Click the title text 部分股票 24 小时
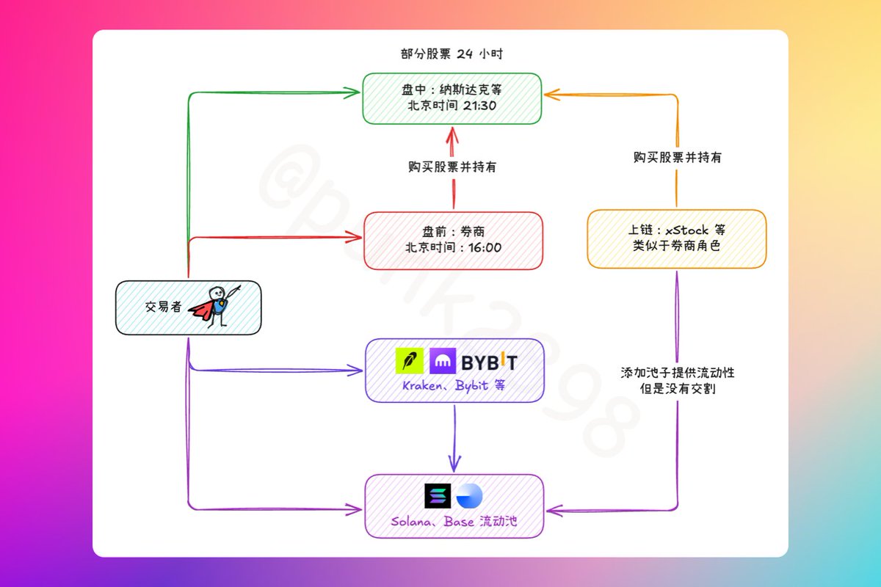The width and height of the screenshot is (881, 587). pos(452,54)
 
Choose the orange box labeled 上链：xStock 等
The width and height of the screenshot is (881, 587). pos(676,238)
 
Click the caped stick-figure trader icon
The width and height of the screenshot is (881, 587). pos(214,306)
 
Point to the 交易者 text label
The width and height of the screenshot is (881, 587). pos(163,307)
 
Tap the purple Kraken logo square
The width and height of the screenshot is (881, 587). pos(443,361)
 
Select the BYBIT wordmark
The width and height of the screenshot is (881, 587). pos(490,362)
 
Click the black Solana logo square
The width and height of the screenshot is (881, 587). pos(438,497)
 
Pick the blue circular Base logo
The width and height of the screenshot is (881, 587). pos(469,497)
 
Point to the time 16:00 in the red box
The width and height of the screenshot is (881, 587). pos(484,247)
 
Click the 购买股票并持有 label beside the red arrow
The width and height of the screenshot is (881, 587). pos(452,167)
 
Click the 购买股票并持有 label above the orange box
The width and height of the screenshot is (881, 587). pos(677,157)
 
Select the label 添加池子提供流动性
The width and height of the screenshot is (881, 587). pos(677,373)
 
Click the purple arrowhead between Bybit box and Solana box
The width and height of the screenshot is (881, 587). pos(455,462)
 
